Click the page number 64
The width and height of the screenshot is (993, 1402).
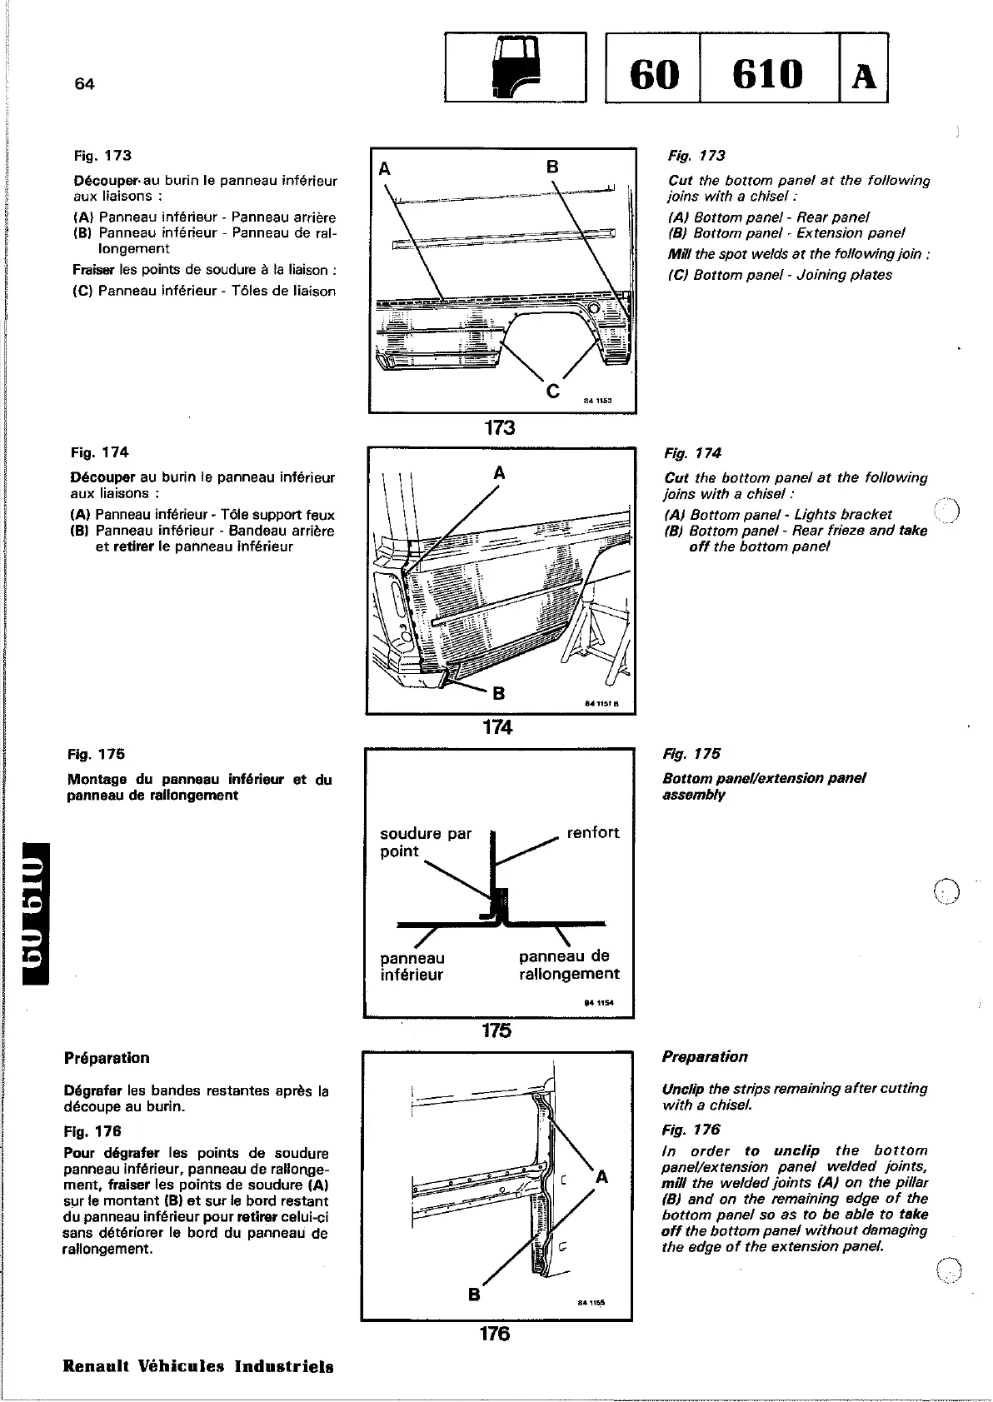pos(84,83)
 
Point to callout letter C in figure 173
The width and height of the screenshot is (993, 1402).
pos(551,390)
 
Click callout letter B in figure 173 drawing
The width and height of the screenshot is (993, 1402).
pos(552,167)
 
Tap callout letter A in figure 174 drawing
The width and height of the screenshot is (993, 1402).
pos(499,473)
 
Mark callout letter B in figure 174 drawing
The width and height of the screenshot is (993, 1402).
pos(499,692)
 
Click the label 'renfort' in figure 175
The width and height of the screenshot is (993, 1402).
pos(592,832)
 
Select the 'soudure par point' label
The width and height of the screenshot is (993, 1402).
pos(425,842)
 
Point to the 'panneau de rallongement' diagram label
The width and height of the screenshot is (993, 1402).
pos(568,965)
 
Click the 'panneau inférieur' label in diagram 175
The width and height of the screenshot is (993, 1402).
pos(412,966)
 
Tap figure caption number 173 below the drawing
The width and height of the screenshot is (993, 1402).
pos(500,428)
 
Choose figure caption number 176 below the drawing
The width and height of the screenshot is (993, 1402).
pos(495,1334)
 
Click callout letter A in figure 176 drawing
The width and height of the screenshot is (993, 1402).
pos(601,1177)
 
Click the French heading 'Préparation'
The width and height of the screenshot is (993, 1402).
pos(107,1058)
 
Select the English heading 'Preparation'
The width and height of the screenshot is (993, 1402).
pos(705,1057)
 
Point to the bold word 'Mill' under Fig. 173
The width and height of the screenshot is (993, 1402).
pos(680,254)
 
